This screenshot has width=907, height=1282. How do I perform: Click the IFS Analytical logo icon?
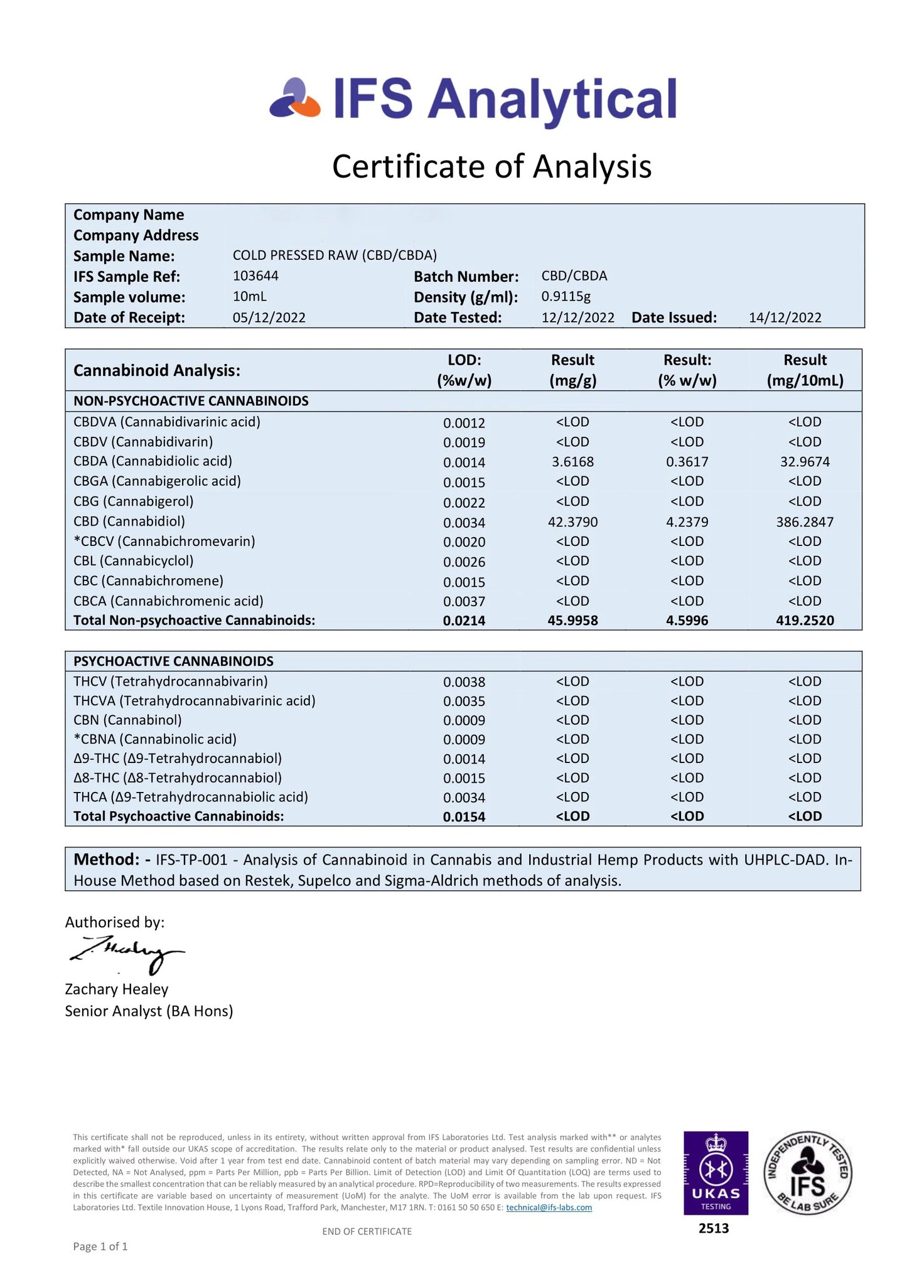[295, 99]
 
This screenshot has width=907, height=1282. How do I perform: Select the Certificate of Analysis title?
[491, 167]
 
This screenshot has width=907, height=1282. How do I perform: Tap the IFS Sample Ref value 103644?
[255, 276]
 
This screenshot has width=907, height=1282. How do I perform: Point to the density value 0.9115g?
[566, 296]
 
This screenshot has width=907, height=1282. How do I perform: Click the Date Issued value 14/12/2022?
[785, 318]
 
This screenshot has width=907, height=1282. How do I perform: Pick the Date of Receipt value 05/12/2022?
[269, 318]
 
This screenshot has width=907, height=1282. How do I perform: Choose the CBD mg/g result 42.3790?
[572, 522]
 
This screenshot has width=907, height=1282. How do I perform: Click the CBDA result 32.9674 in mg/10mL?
[805, 462]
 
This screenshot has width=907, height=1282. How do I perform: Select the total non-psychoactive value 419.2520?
[805, 621]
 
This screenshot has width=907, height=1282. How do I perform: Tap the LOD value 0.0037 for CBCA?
[464, 601]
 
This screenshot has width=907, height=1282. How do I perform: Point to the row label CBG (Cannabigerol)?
[133, 501]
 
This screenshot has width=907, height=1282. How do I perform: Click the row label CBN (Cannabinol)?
[127, 720]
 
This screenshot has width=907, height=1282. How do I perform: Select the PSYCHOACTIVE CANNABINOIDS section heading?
[173, 661]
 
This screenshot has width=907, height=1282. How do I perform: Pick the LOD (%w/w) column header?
[464, 370]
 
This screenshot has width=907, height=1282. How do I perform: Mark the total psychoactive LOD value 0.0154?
[464, 816]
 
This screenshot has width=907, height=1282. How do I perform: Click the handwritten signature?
[126, 953]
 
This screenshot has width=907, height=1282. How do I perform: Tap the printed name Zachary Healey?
[117, 989]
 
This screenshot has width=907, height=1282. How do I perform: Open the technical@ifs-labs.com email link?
[549, 1207]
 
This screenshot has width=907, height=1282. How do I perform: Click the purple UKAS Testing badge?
[716, 1173]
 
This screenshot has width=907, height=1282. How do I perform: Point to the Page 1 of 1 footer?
[100, 1246]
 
